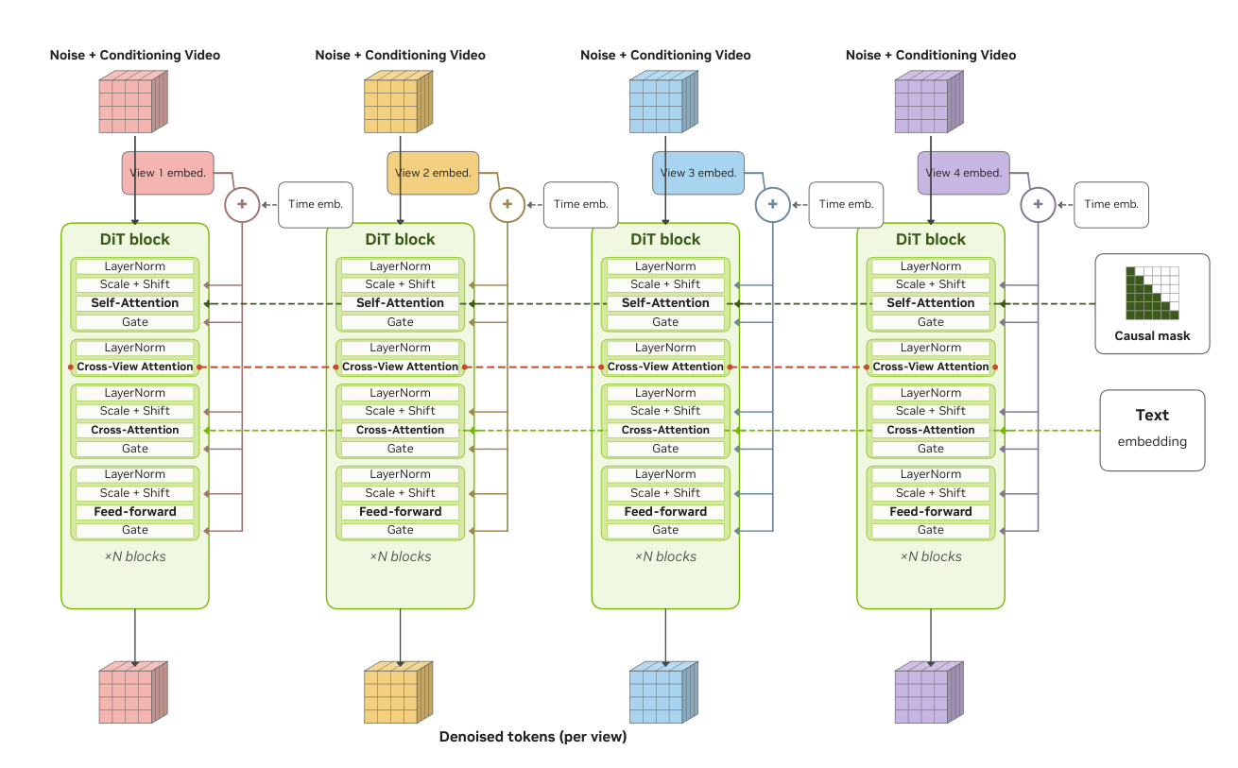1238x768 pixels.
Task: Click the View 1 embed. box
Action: point(167,173)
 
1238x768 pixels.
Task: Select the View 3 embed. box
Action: point(698,173)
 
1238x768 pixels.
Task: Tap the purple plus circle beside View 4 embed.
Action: point(1038,204)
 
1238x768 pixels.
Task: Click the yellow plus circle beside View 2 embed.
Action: point(507,204)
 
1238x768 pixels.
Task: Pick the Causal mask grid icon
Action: point(1152,294)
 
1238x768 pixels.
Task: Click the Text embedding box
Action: point(1152,431)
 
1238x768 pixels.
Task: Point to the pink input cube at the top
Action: point(133,102)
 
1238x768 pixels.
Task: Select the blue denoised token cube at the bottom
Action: point(663,692)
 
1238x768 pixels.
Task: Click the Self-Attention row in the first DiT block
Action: point(135,303)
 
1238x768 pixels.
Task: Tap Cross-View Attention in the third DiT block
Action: point(665,367)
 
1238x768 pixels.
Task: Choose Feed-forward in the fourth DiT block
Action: point(931,512)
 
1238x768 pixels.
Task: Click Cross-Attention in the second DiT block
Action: point(400,430)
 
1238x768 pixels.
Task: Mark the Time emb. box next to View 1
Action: point(316,204)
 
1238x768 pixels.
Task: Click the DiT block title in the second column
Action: point(400,239)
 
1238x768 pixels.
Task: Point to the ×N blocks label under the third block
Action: point(665,556)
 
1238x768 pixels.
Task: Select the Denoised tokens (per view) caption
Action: point(533,737)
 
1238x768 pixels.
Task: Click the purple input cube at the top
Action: point(929,102)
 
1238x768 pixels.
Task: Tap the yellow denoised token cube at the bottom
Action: point(399,692)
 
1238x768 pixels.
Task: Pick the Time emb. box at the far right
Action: point(1111,204)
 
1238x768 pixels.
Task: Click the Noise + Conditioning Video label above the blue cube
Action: point(665,55)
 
